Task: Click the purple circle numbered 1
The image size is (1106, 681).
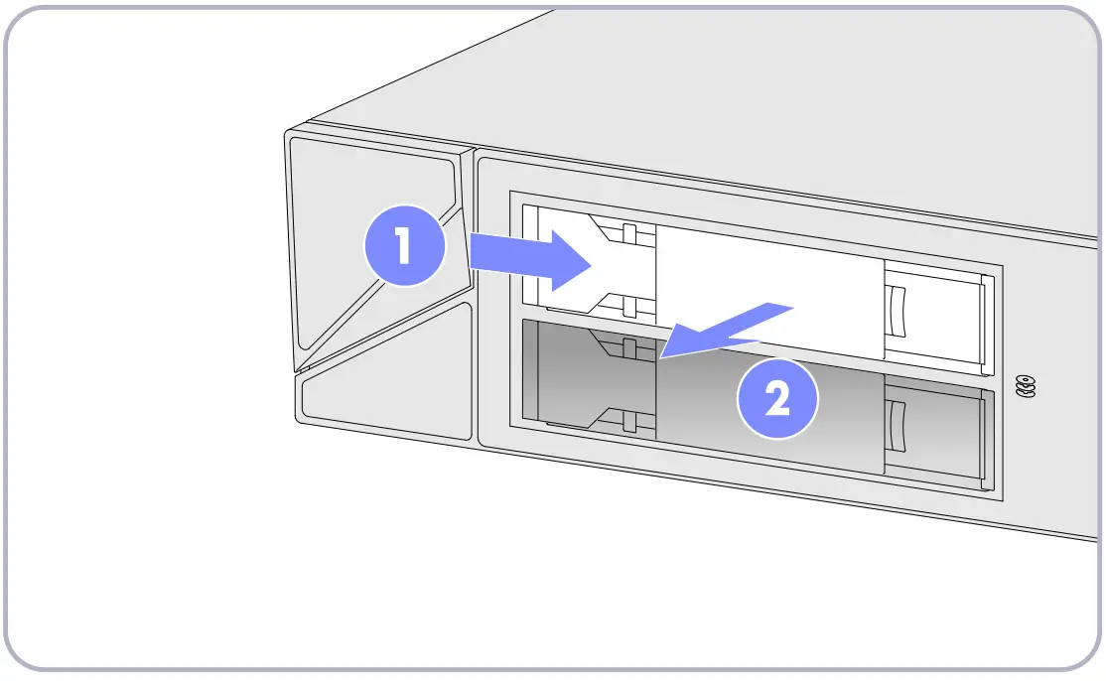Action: coord(403,246)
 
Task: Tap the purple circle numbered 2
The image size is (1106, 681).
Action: coord(777,401)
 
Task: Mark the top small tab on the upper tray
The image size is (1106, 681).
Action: coord(628,234)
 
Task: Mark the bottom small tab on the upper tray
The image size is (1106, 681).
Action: coord(628,307)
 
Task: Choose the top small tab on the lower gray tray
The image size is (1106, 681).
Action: coord(628,347)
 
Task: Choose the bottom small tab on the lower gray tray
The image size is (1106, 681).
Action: coord(628,423)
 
